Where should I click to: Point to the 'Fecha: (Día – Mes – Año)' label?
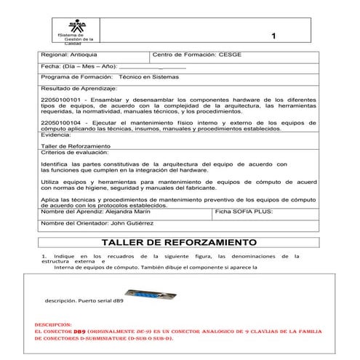(81, 65)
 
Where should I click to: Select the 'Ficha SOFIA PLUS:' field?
(243, 211)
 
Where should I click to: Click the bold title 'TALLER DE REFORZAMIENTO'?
(179, 241)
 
